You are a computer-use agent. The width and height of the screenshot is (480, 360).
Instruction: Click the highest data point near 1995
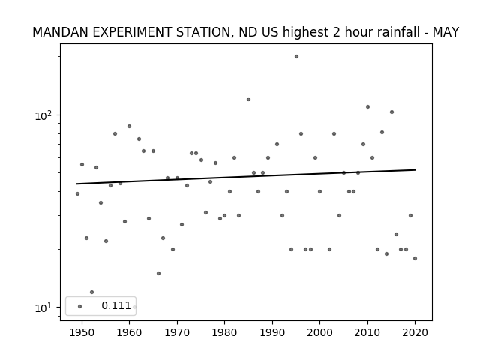point(296,57)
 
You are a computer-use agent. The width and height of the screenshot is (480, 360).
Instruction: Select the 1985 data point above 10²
point(248,100)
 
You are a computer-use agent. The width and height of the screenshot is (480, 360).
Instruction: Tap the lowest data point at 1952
point(91,292)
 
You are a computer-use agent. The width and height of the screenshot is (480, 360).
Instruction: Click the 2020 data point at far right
point(415,258)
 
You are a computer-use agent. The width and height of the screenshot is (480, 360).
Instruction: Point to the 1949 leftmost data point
point(77,193)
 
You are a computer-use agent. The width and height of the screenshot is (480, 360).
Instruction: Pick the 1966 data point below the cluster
point(158,273)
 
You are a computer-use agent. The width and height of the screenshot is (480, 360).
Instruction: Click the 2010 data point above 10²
point(367,106)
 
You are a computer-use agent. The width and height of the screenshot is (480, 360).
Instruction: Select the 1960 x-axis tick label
point(129,332)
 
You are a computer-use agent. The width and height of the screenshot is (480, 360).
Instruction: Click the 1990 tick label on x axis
point(272,332)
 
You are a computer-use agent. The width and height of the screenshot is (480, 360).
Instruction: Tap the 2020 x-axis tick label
point(415,332)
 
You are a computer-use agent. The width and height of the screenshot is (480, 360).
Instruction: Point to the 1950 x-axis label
point(82,332)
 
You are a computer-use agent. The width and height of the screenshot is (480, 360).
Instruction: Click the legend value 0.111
point(116,305)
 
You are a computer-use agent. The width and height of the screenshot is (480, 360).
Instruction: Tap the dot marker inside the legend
point(80,307)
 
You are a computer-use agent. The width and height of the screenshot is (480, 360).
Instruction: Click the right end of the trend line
point(415,170)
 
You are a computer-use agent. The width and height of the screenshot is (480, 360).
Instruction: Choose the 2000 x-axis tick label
point(320,332)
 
